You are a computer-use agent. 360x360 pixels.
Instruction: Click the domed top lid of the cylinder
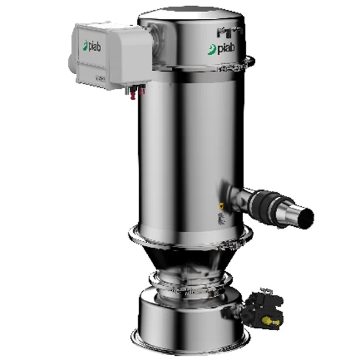(x=189, y=18)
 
